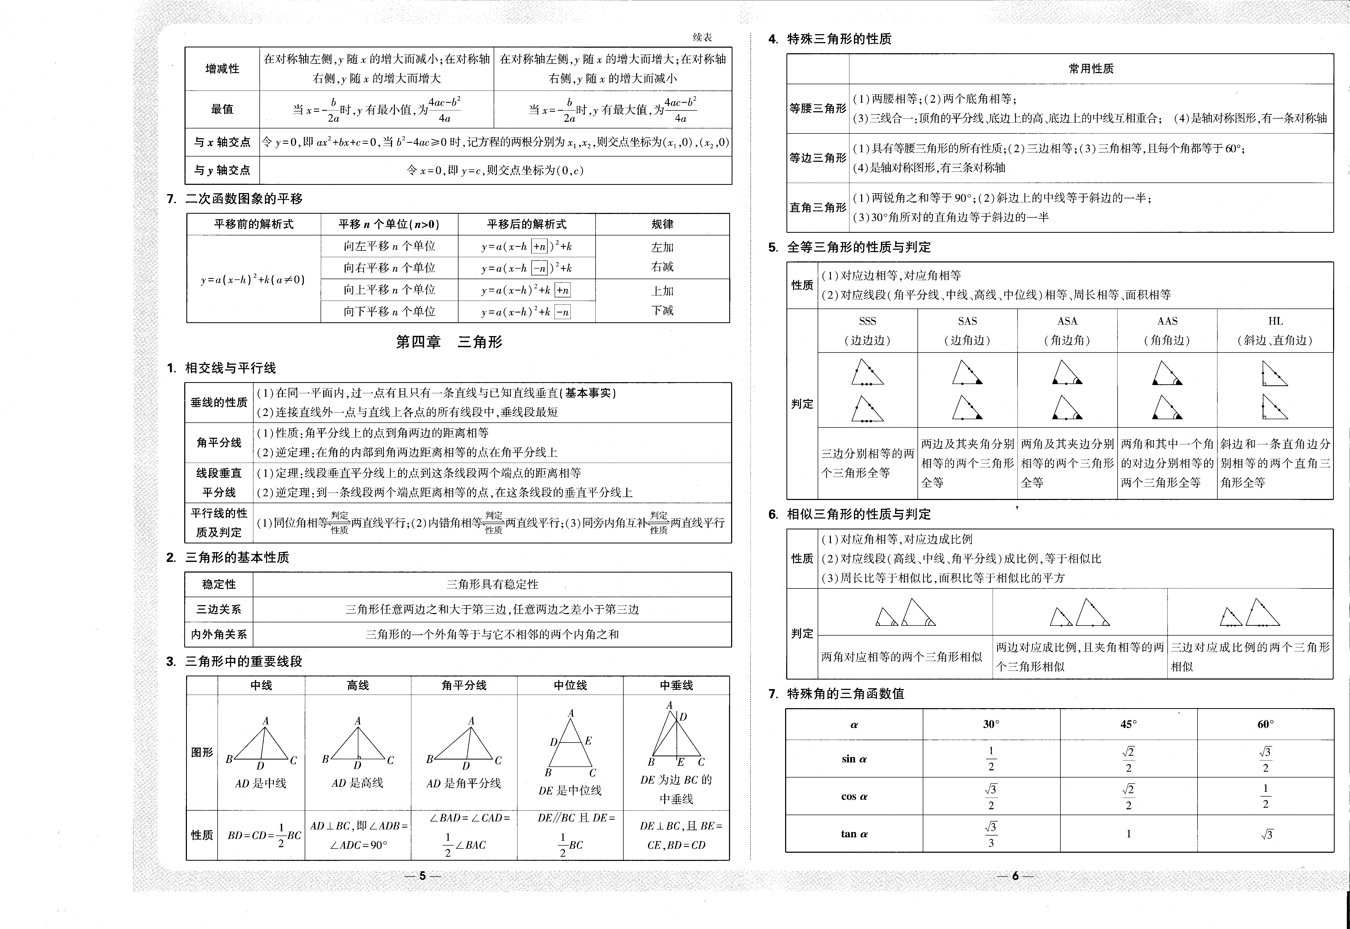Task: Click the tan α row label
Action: pyautogui.click(x=853, y=834)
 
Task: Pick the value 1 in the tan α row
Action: pyautogui.click(x=1128, y=834)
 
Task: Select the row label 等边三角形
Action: pyautogui.click(x=817, y=158)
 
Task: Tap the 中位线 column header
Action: pyautogui.click(x=570, y=685)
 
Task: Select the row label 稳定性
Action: pyautogui.click(x=219, y=584)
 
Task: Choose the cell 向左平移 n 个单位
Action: pyautogui.click(x=389, y=246)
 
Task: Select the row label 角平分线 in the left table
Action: pyautogui.click(x=219, y=442)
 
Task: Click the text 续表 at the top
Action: pyautogui.click(x=702, y=37)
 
